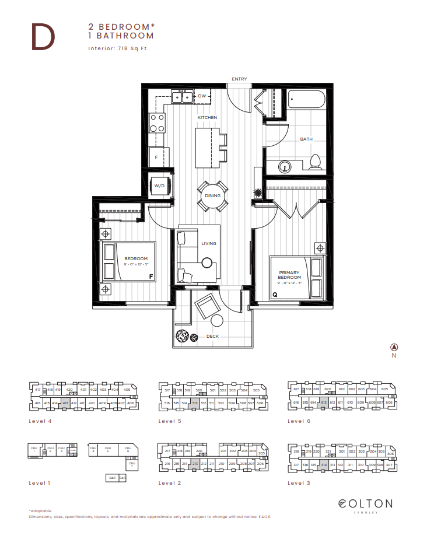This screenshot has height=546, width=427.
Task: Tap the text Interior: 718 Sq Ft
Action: coord(117,48)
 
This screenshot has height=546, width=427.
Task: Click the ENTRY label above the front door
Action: coord(239,79)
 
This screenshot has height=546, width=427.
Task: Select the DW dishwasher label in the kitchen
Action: coord(202,96)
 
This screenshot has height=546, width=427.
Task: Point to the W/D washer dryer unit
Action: coord(159,186)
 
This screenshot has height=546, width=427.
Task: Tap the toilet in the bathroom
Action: coord(316,162)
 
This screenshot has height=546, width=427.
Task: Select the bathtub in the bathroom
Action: coord(307,100)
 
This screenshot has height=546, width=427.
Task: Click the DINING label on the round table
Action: coord(212,195)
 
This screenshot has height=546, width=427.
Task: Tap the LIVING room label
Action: coord(209,243)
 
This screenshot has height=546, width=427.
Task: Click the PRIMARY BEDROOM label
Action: coord(289,275)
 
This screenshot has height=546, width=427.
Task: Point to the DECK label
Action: coord(213,337)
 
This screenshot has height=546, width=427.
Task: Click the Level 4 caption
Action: coord(39,421)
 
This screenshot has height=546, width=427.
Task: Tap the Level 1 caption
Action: coord(39,483)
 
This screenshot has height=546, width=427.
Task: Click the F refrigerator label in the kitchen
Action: coord(156,157)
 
